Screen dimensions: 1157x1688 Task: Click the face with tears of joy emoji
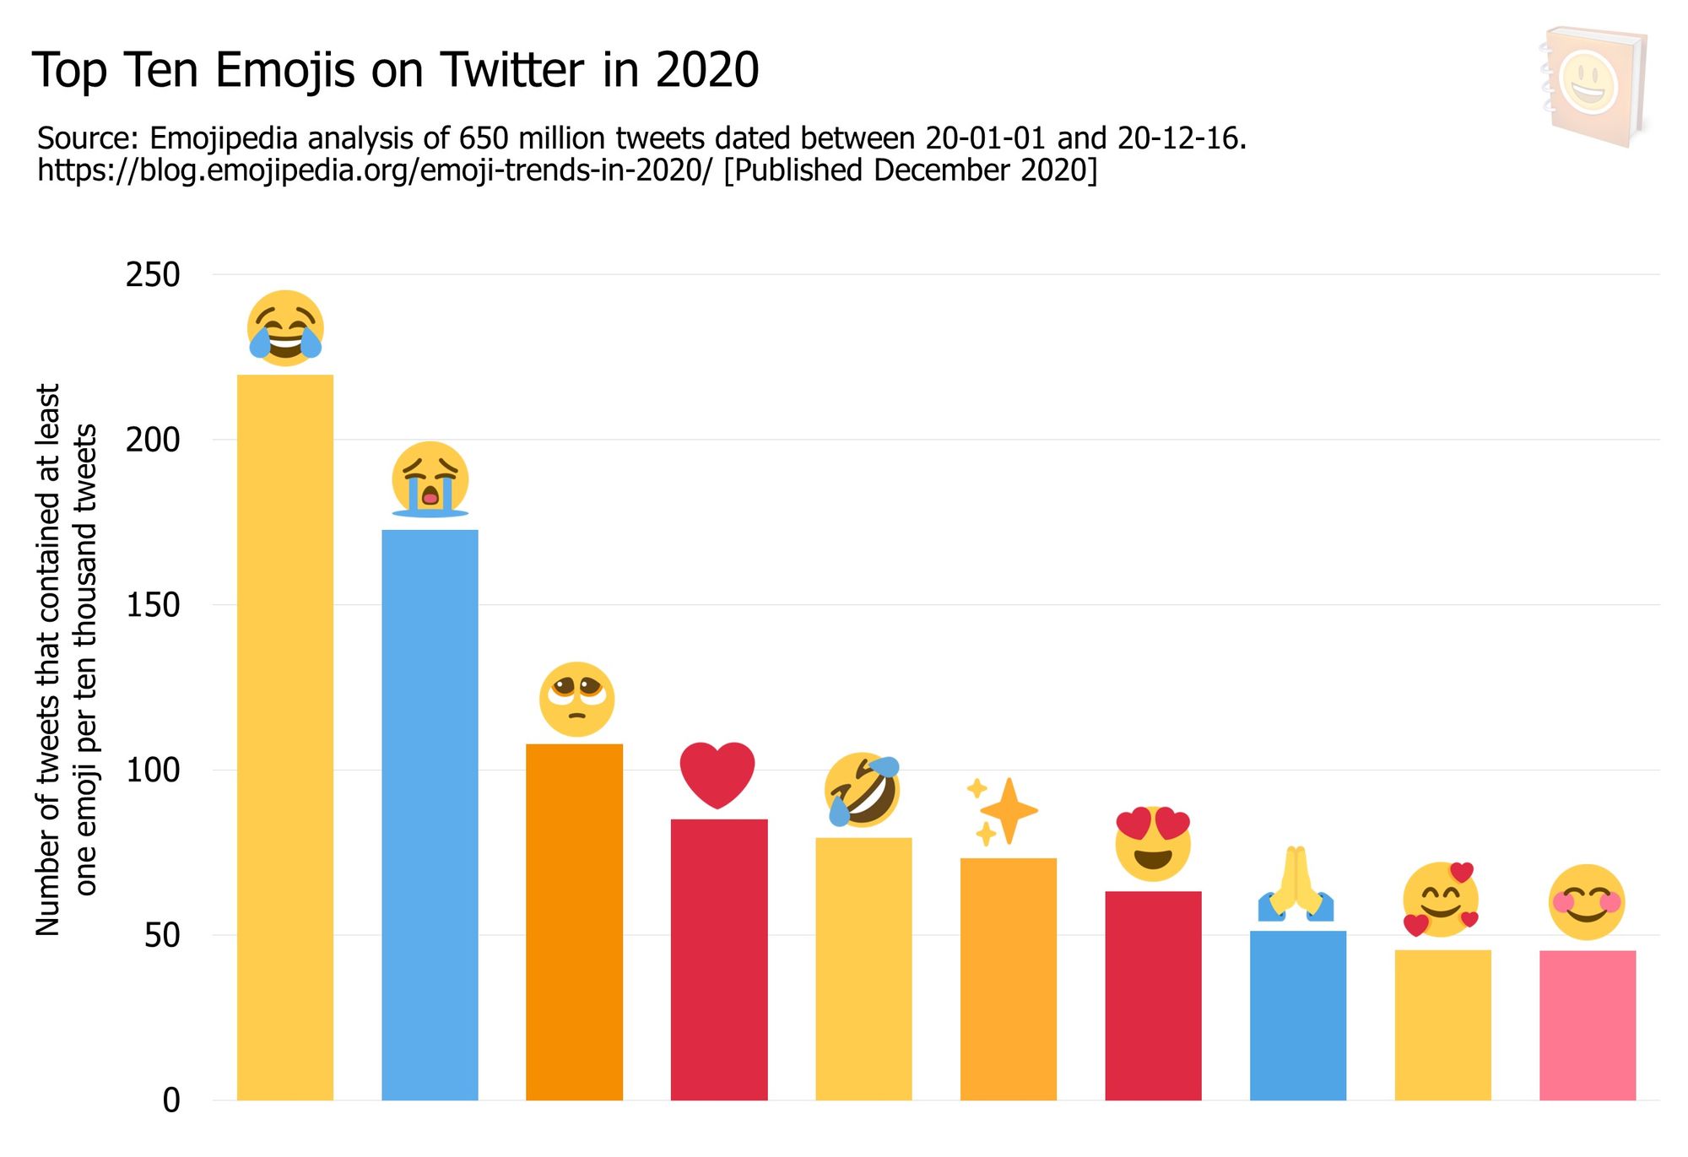pos(285,328)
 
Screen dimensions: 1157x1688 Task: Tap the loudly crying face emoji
pos(430,479)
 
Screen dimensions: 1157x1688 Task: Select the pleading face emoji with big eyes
pos(576,699)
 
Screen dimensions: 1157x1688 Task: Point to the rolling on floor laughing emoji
pos(862,790)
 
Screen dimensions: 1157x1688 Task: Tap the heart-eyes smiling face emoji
pos(1153,844)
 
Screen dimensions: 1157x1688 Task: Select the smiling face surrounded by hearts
pos(1441,900)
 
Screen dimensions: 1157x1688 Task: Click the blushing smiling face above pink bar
pos(1587,902)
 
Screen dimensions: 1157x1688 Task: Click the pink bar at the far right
pos(1587,1025)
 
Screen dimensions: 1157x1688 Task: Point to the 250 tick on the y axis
pos(153,275)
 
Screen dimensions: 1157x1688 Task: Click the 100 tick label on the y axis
pos(153,770)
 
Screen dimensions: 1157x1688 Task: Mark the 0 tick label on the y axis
pos(171,1100)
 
